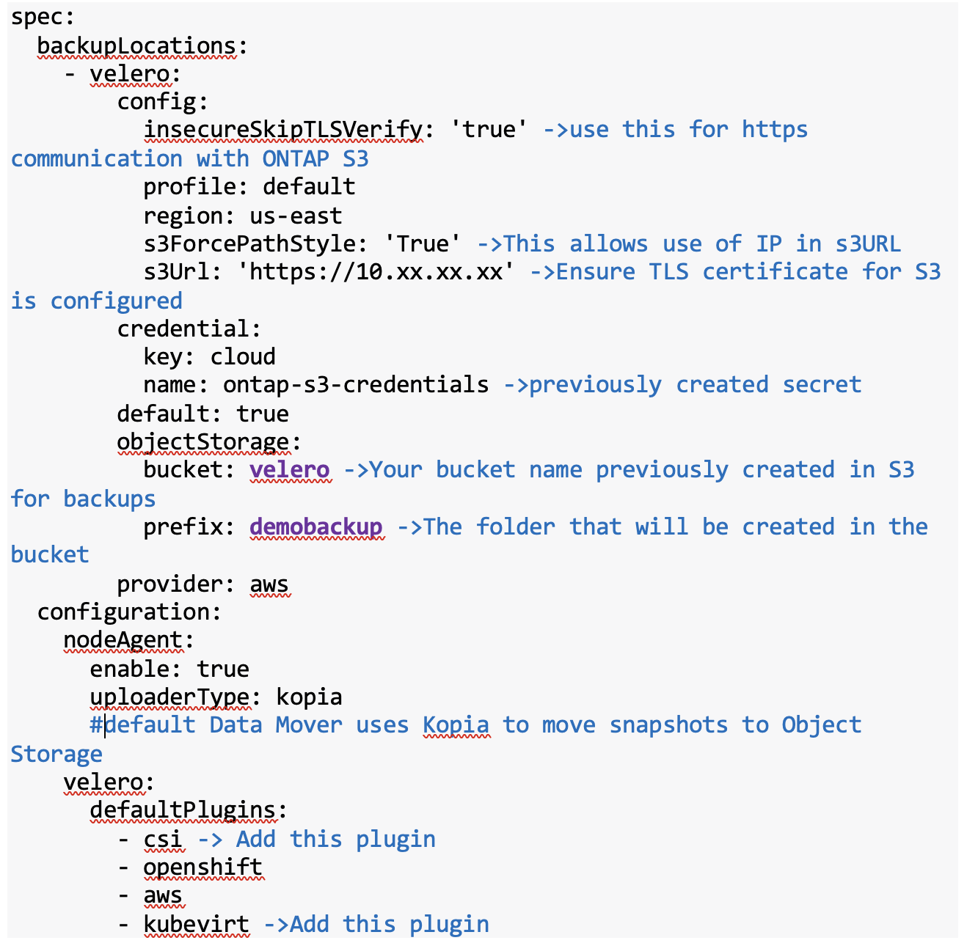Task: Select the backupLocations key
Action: (x=136, y=45)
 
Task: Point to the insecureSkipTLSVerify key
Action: (x=282, y=130)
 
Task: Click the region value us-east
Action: (x=296, y=216)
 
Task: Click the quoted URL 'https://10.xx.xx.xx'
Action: (x=376, y=272)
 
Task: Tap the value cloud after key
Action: (x=243, y=356)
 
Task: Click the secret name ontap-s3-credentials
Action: (x=356, y=384)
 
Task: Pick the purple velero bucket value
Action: (x=290, y=469)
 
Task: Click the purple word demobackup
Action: (x=316, y=526)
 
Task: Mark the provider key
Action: (x=169, y=584)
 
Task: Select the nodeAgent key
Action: (x=123, y=640)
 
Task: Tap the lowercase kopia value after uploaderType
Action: (x=309, y=697)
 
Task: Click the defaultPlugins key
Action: (x=183, y=810)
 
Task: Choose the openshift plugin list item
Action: (x=202, y=867)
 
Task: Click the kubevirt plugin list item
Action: (x=196, y=924)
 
